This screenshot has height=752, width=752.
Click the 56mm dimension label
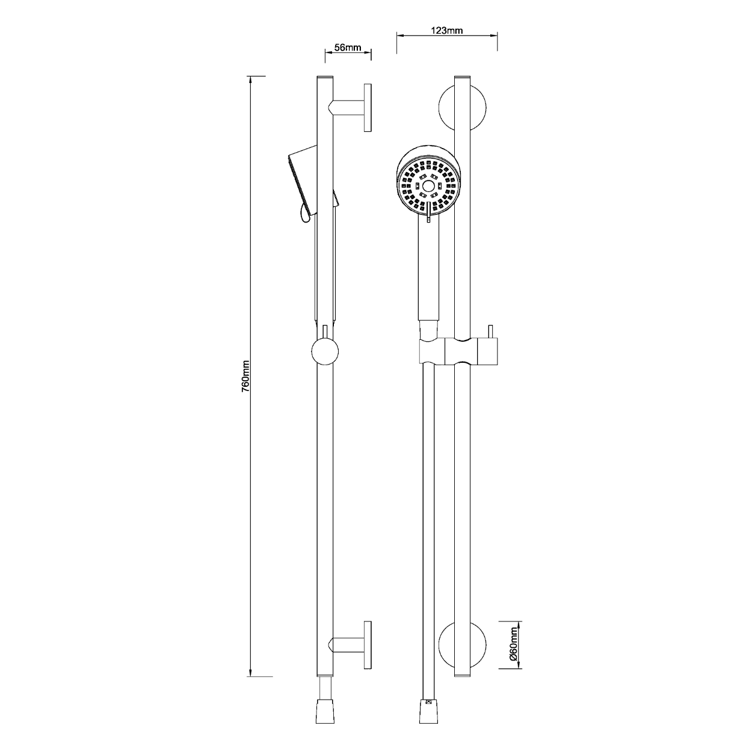[x=348, y=48]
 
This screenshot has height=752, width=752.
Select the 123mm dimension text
[x=447, y=31]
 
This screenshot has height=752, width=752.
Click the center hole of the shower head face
[x=428, y=186]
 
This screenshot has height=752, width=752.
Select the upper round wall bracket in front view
[x=463, y=108]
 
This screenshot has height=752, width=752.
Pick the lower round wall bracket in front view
[x=463, y=645]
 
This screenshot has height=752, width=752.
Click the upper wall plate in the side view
[x=368, y=107]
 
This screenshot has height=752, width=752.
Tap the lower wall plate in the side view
[x=368, y=645]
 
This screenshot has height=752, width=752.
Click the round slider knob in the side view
[x=325, y=351]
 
